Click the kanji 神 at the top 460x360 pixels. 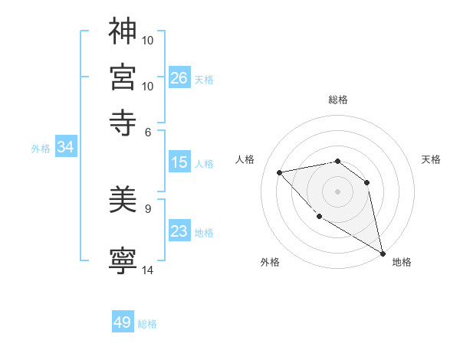tap(123, 31)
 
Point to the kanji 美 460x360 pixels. tap(123, 201)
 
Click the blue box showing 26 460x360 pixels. tap(179, 77)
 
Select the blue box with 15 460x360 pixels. tap(179, 162)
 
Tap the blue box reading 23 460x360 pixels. tap(179, 231)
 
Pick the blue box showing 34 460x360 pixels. tap(65, 148)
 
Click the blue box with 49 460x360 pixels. tap(123, 322)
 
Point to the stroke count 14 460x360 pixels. tap(147, 270)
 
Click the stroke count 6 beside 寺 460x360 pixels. tap(148, 132)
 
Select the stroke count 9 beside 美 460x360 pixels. tap(148, 207)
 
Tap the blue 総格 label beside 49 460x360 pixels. tap(147, 324)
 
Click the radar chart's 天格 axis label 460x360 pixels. tap(431, 159)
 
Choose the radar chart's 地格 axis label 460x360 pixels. tap(402, 262)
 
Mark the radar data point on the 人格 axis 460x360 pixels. tap(280, 172)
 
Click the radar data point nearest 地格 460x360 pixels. tap(383, 254)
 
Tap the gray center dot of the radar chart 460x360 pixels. tap(337, 191)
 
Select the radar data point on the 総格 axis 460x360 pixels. tap(337, 162)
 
